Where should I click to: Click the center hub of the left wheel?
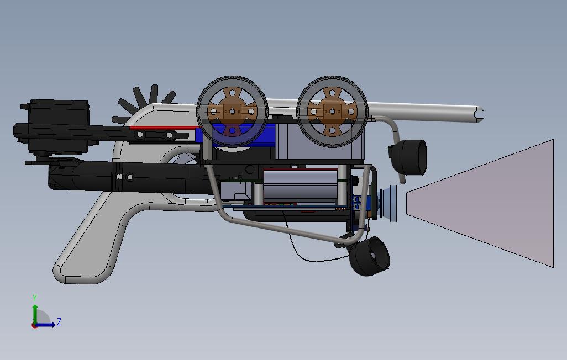[x=232, y=111]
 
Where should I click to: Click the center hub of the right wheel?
[x=332, y=111]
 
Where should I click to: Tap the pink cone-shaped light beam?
[x=480, y=204]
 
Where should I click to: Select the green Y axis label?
[x=35, y=298]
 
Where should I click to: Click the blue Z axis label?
[x=59, y=321]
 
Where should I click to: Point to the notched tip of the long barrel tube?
[x=480, y=114]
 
